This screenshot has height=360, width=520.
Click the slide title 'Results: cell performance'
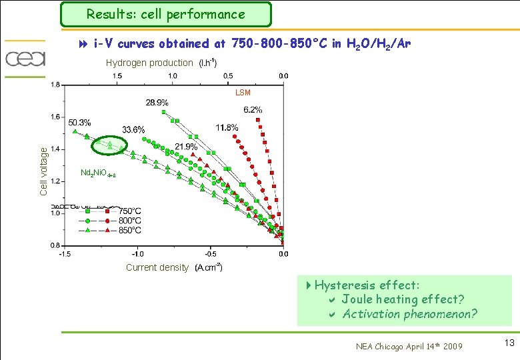coord(165,14)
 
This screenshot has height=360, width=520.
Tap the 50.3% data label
coord(79,123)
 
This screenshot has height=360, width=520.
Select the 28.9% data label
coord(157,103)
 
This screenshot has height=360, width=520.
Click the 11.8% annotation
coord(227,127)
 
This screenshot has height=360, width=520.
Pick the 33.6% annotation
coord(133,129)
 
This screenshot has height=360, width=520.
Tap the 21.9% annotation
coord(186,147)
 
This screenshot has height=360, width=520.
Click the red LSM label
coord(243,93)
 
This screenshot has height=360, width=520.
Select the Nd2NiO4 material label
coord(98,173)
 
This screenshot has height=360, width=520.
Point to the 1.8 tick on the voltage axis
coord(55,85)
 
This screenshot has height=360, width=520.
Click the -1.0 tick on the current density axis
coord(137,254)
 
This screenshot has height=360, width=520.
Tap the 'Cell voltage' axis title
coord(43,171)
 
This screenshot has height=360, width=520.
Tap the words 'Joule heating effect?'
coord(403,299)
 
